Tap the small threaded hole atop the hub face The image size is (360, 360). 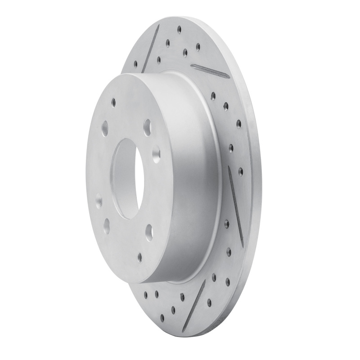point(114,102)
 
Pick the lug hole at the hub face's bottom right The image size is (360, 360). point(148,232)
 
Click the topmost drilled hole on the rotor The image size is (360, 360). point(179,30)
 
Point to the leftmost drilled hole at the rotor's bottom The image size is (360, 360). point(145,296)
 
